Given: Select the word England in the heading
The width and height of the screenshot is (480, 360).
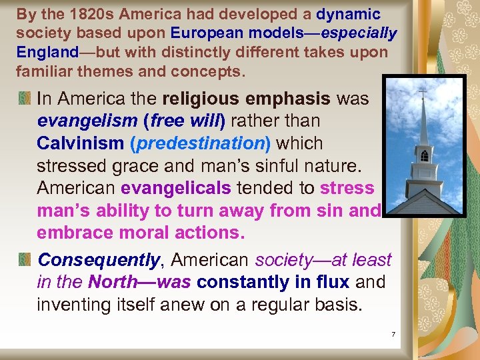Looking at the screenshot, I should pyautogui.click(x=43, y=51).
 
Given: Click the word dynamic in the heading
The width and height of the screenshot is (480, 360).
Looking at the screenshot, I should pyautogui.click(x=348, y=14).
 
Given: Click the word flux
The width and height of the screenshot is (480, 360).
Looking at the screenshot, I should pyautogui.click(x=333, y=282).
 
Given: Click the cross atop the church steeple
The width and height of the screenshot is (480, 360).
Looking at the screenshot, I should pyautogui.click(x=422, y=92).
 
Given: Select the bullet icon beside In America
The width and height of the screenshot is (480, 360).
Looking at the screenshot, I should pyautogui.click(x=25, y=99).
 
